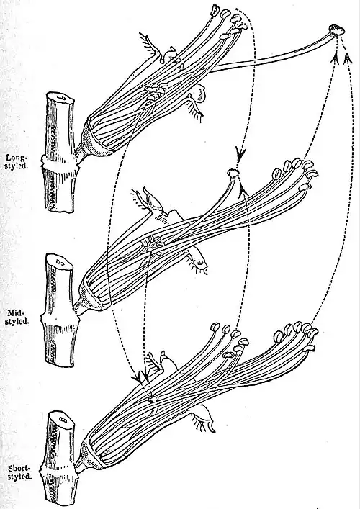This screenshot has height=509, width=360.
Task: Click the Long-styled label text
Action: coord(17,161)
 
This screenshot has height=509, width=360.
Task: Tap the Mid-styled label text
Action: coord(18,317)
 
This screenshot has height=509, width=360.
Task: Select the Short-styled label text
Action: coord(20,472)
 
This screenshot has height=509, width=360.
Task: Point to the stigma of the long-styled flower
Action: coord(337,30)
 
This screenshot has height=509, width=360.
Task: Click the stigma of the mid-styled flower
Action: coord(233,172)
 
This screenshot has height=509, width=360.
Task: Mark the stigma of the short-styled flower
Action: coord(153,397)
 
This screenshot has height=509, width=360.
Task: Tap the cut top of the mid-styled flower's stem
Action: coord(60,261)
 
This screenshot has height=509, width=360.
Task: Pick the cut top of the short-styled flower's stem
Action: coord(62,419)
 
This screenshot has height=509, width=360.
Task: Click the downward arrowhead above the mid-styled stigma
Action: coord(241,153)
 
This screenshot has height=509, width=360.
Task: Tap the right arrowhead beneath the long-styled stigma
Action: coord(348,58)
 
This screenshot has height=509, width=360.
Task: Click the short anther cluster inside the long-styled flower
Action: coord(156,90)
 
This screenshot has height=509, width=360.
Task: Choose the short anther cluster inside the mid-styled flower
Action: coord(152,244)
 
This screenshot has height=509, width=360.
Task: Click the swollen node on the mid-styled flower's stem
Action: coord(60,320)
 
